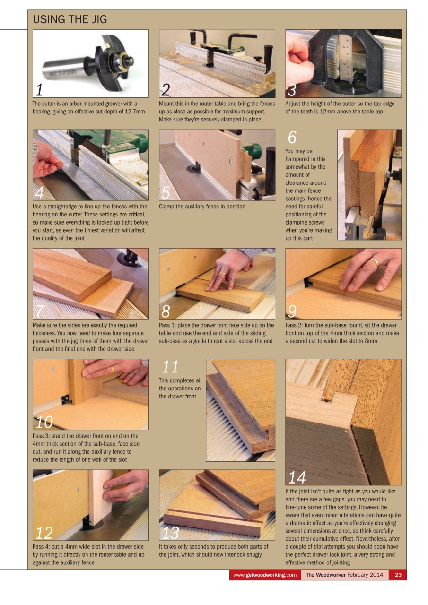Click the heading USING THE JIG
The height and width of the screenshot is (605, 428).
70,19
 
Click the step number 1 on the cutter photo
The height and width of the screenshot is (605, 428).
40,89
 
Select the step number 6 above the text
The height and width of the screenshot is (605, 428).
292,138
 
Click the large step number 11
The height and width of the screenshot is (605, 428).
170,367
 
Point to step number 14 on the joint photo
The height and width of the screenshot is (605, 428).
297,478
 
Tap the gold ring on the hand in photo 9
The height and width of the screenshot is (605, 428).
375,261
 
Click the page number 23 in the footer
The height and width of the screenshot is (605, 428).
398,575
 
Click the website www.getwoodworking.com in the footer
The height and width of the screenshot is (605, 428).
265,575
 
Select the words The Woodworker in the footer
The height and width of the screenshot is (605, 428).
325,575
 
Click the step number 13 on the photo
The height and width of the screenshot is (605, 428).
170,533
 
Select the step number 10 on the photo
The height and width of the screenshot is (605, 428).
44,422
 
